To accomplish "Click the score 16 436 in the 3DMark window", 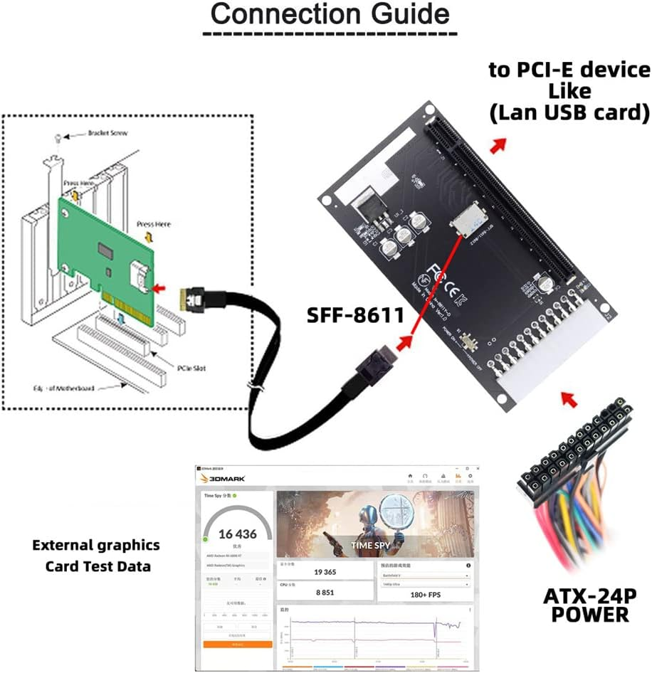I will (237, 534).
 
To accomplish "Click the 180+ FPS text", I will (424, 595).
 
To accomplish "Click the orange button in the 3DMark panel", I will (237, 644).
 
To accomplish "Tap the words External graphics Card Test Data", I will (96, 556).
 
